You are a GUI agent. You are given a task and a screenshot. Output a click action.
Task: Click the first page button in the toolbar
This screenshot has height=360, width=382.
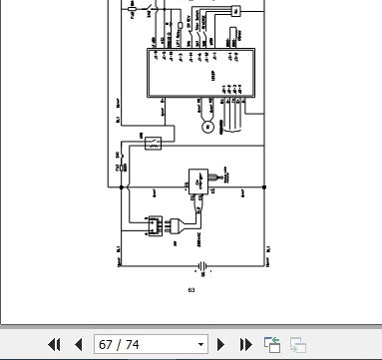click(55, 345)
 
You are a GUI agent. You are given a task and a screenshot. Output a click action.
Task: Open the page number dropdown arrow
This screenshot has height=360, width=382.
click(200, 345)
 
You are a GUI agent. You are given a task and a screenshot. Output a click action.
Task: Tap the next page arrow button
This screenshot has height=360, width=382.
click(221, 345)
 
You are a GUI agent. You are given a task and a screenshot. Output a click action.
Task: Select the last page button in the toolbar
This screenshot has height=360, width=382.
click(245, 345)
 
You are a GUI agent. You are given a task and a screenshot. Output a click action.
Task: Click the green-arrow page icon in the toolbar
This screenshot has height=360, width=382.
click(271, 345)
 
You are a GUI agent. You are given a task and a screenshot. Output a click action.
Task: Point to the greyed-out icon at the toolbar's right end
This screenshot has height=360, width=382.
click(297, 345)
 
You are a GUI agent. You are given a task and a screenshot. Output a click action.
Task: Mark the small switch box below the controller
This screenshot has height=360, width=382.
click(151, 143)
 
